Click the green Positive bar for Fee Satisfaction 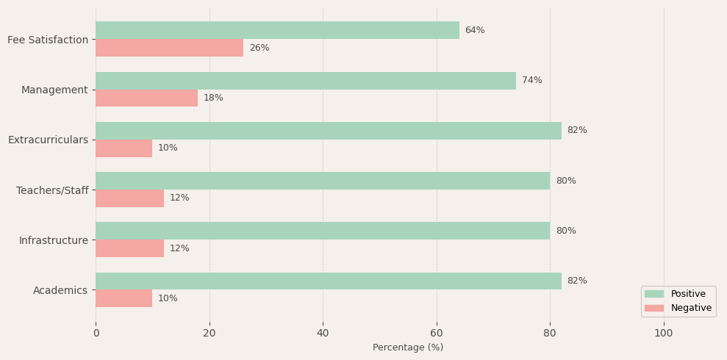[x=277, y=30]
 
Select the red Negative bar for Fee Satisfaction [x=169, y=48]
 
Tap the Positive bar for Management [x=306, y=81]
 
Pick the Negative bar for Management [x=146, y=98]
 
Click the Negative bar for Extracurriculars [x=123, y=148]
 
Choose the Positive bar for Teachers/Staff [x=323, y=181]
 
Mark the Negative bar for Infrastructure [x=129, y=248]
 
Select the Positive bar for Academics [x=329, y=281]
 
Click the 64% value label [x=475, y=30]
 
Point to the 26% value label [x=259, y=48]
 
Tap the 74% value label [x=532, y=81]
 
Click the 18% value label [x=213, y=98]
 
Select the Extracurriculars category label [x=48, y=140]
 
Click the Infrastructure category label [x=54, y=240]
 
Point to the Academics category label [x=60, y=290]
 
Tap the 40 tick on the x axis [x=323, y=333]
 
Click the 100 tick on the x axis [x=664, y=333]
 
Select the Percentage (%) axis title [x=408, y=348]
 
